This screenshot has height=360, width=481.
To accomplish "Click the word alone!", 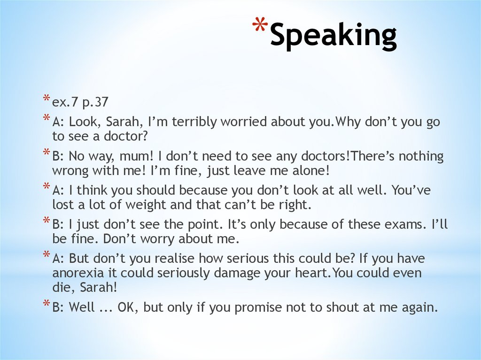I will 306,171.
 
